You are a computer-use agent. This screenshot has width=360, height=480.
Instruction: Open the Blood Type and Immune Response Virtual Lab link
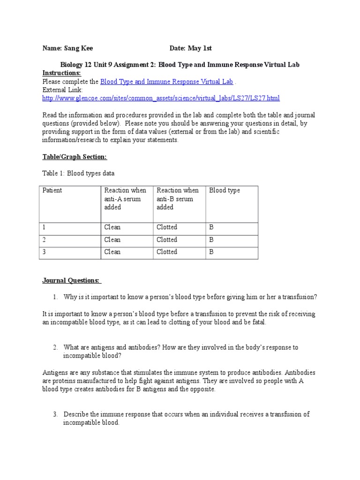[167, 82]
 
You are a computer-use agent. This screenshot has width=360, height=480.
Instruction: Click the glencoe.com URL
[161, 98]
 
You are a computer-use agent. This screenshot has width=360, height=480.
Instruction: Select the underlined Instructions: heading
[61, 73]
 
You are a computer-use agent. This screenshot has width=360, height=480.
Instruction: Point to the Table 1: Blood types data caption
[78, 173]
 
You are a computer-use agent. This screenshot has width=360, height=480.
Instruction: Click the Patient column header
[52, 190]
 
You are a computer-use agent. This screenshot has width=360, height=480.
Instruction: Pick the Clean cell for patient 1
[112, 227]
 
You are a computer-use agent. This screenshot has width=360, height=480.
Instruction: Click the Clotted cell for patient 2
[167, 240]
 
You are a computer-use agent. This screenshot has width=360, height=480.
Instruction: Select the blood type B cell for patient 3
[211, 252]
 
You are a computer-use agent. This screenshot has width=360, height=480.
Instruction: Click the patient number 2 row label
[45, 240]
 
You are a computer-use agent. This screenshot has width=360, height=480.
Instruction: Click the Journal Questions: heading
[72, 280]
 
